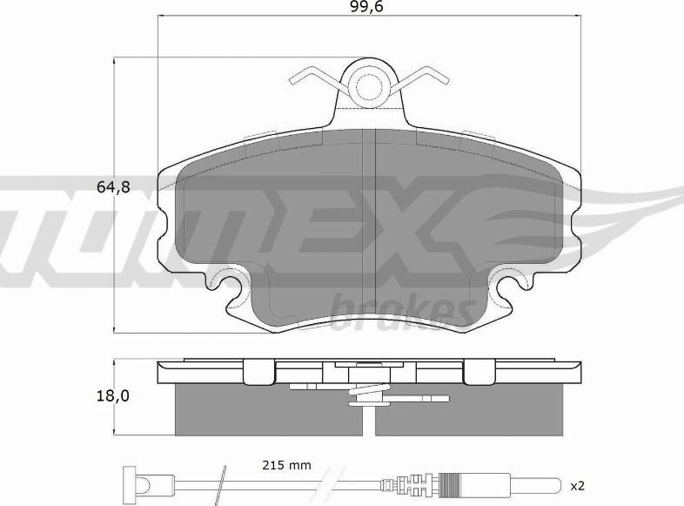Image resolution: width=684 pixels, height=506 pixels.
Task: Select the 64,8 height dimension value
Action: (113, 187)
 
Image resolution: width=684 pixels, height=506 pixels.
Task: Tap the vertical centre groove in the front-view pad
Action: (372, 226)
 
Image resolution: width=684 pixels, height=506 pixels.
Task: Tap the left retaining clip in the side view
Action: (258, 372)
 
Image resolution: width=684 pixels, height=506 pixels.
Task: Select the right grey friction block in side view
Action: (470, 410)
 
